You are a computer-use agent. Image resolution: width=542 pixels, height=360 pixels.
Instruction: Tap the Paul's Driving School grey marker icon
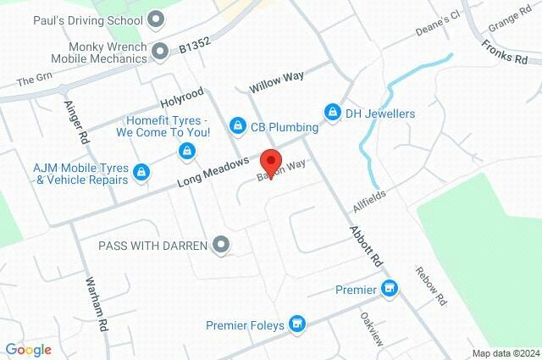[x=156, y=19]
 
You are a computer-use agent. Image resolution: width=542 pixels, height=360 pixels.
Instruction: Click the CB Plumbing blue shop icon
[x=238, y=127]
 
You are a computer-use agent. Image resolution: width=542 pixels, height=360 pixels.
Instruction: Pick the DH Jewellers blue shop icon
[x=332, y=113]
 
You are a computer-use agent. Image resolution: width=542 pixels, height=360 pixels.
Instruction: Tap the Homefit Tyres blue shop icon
[x=185, y=151]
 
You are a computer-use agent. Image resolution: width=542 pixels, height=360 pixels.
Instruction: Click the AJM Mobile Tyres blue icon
[x=141, y=173]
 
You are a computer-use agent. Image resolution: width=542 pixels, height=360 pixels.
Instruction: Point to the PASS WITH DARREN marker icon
[x=222, y=245]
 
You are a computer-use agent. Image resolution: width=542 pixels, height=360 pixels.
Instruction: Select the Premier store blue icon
[x=390, y=290]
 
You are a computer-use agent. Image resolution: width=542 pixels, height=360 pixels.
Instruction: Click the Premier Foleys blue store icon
[x=297, y=324]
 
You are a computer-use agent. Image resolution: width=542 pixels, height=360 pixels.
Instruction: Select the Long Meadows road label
[x=213, y=172]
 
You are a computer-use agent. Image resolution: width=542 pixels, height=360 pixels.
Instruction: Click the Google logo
[x=29, y=350]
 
